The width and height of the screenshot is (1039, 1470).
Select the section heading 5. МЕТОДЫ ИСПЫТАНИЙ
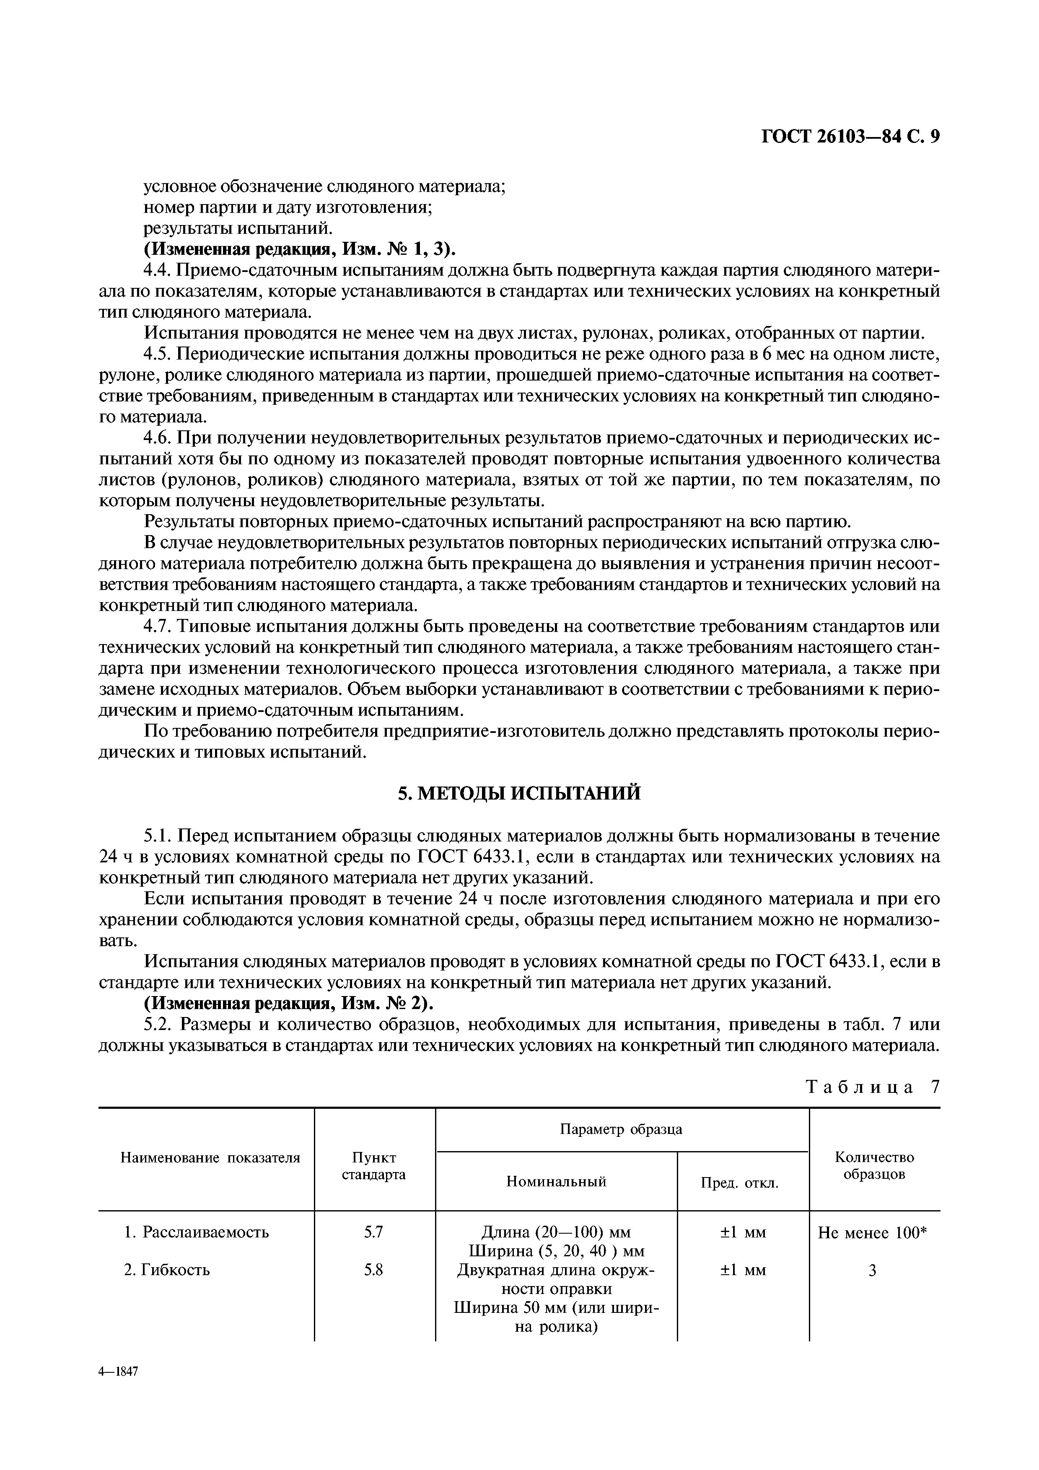519,794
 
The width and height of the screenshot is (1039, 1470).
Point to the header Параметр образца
621,1129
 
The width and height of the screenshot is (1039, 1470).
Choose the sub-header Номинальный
556,1181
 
